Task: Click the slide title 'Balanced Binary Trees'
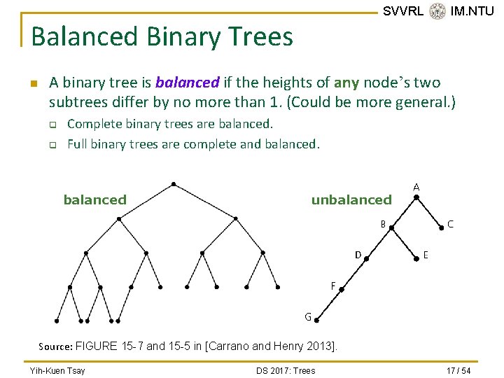(x=162, y=36)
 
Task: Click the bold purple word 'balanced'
(x=188, y=83)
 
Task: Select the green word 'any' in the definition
(x=346, y=83)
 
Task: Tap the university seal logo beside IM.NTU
(x=437, y=10)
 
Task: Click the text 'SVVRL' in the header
(x=403, y=10)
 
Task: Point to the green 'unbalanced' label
(x=351, y=200)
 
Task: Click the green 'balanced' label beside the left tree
(x=95, y=200)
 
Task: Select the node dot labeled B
(x=393, y=227)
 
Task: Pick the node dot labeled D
(x=367, y=256)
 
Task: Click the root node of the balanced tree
(x=173, y=184)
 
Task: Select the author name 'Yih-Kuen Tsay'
(x=57, y=370)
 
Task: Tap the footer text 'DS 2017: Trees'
(x=286, y=370)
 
